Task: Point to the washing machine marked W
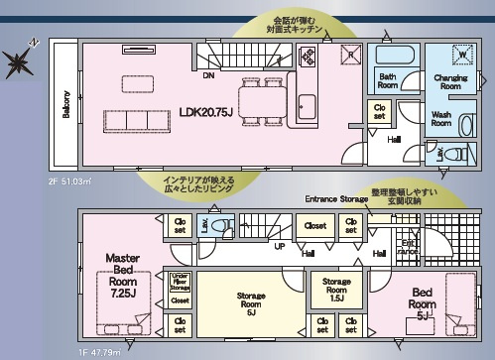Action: (x=461, y=55)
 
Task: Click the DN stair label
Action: (x=209, y=75)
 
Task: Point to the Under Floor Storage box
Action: (x=180, y=282)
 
